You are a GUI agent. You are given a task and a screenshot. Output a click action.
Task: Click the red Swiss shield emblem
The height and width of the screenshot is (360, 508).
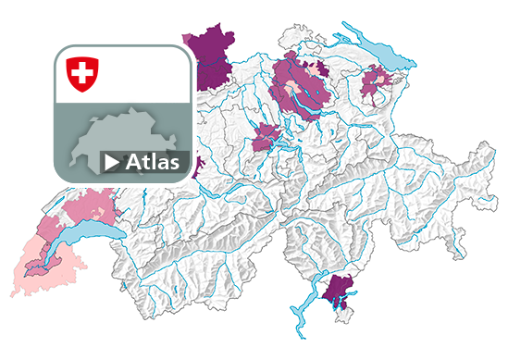point(82,73)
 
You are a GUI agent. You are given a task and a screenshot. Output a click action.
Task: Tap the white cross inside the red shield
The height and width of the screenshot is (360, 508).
point(82,71)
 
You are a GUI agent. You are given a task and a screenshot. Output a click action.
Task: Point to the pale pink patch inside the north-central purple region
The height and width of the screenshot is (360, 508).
point(320,69)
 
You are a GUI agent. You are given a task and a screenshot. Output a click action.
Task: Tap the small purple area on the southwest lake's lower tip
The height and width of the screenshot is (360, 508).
point(37,268)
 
